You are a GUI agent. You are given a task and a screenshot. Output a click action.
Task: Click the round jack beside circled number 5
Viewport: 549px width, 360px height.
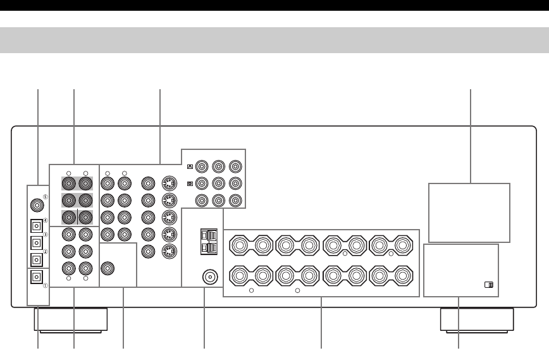37,206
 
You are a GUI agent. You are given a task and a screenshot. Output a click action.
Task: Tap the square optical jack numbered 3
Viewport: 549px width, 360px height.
37,242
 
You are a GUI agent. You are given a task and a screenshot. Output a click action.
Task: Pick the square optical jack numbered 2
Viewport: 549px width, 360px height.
37,259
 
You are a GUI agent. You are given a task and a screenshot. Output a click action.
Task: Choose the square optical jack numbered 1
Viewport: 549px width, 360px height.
37,276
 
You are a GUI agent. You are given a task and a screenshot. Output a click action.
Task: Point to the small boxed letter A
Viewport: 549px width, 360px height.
189,167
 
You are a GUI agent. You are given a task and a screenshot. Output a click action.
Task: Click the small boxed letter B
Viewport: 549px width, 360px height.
189,184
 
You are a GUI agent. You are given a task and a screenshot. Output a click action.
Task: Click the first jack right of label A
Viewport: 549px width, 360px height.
202,167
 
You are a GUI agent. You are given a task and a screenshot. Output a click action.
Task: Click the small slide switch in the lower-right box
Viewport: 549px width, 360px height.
488,285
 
